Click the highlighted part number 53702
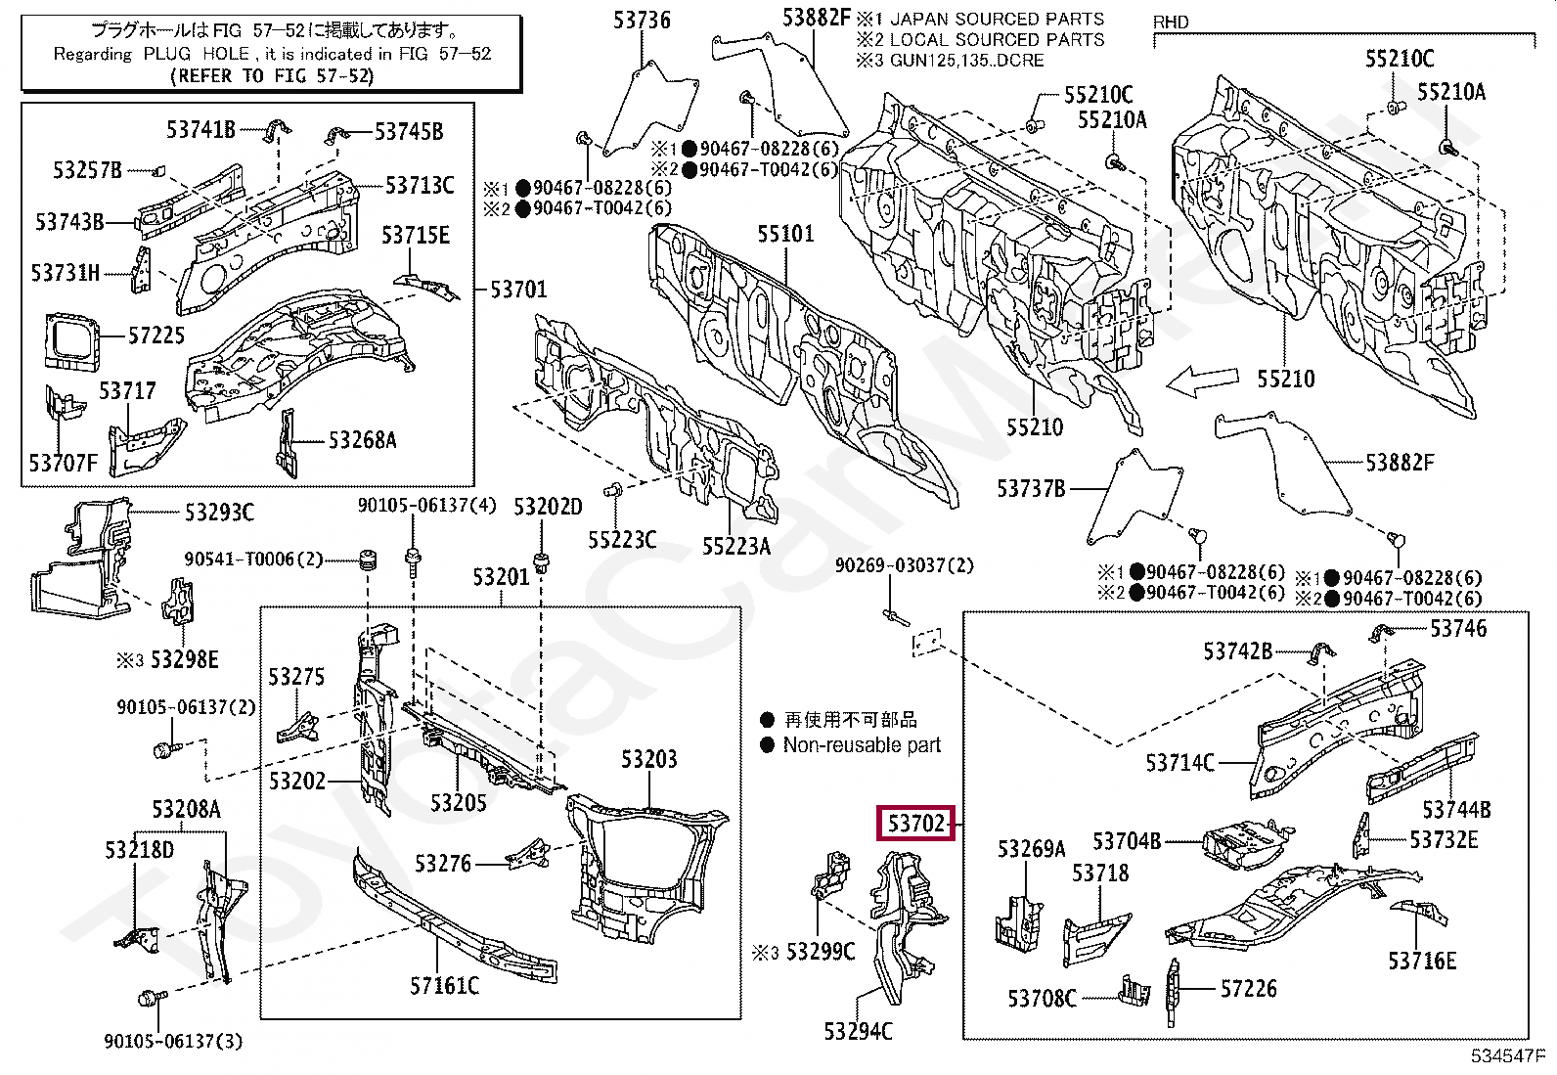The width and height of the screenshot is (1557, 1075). coord(916,824)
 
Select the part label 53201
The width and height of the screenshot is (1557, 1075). coord(501,576)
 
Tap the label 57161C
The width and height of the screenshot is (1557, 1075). coord(444,985)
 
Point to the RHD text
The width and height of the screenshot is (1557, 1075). coord(1171,22)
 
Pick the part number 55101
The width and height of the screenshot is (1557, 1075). coord(785,234)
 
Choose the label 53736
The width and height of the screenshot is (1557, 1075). coord(642,21)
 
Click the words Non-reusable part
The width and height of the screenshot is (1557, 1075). coord(862,744)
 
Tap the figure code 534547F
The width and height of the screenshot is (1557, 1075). coord(1506,1055)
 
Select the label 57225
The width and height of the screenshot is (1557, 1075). coord(156,336)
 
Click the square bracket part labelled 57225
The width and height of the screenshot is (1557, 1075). coord(70,340)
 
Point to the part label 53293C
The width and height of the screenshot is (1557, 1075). coord(219,513)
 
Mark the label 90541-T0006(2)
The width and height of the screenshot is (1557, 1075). coord(253,560)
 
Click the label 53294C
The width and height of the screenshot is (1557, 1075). coord(858,1031)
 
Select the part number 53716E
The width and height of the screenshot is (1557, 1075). coord(1421,961)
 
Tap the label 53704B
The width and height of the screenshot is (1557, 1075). coord(1127,840)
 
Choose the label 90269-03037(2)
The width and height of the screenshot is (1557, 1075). coord(905,565)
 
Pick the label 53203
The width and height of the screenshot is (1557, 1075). coord(648,759)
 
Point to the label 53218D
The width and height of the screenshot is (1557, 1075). coord(140,850)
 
